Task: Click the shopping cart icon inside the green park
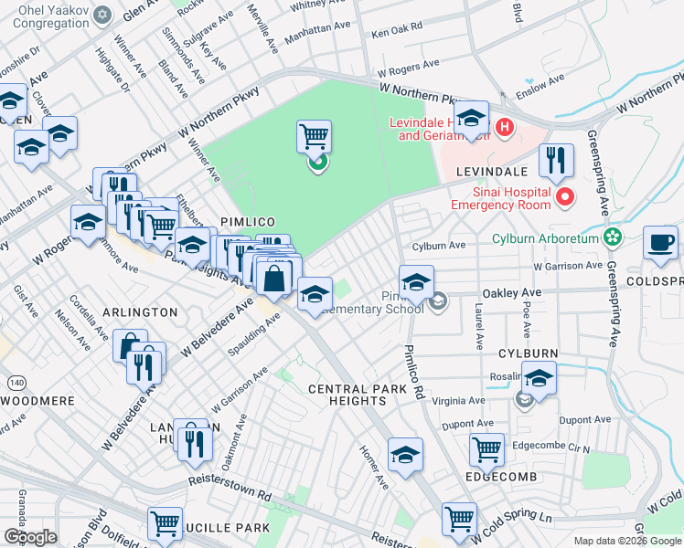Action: click(x=314, y=137)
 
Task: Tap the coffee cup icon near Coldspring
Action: click(x=660, y=243)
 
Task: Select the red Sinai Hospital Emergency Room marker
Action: click(x=566, y=196)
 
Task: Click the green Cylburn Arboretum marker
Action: click(x=613, y=239)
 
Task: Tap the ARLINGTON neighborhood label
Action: click(x=139, y=312)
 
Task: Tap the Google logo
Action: click(x=30, y=537)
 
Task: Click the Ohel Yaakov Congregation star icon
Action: click(x=102, y=16)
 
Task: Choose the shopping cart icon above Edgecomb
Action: click(x=486, y=449)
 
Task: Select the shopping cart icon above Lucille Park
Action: click(x=165, y=523)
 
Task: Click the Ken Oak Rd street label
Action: click(x=397, y=33)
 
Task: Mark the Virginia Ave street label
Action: click(x=464, y=401)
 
